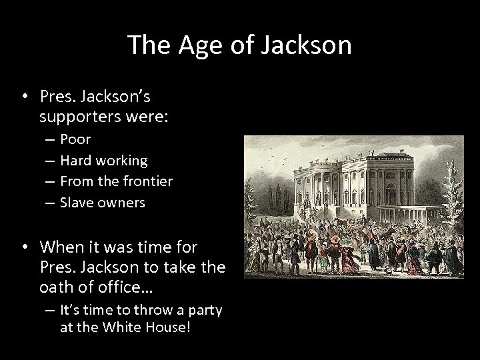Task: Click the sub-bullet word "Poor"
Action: tap(75, 139)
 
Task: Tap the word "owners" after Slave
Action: tap(121, 202)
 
